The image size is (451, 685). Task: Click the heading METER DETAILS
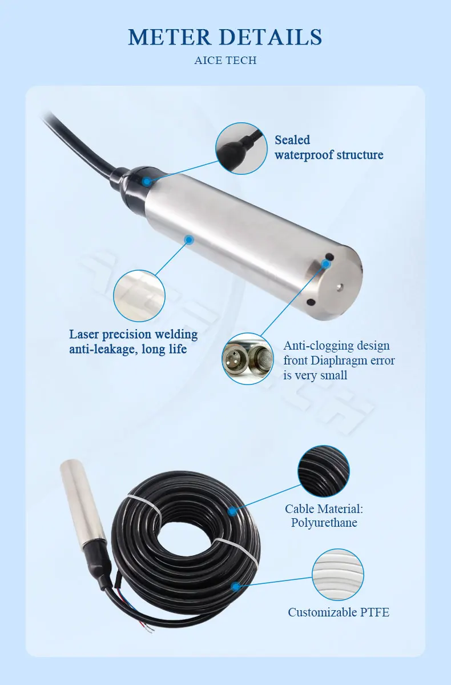225,37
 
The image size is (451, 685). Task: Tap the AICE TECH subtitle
225,61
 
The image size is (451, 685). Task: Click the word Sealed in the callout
292,140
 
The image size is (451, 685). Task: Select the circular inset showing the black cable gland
241,149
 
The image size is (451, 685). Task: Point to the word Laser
86,334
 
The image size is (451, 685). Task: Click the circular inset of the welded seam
139,295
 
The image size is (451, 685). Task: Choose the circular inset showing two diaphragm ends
248,359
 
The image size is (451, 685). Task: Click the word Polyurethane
324,523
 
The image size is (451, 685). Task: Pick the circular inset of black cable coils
324,472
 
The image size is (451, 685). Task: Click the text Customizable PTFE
339,612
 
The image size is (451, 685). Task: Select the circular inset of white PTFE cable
338,574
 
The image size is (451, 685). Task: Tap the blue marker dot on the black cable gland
146,182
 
